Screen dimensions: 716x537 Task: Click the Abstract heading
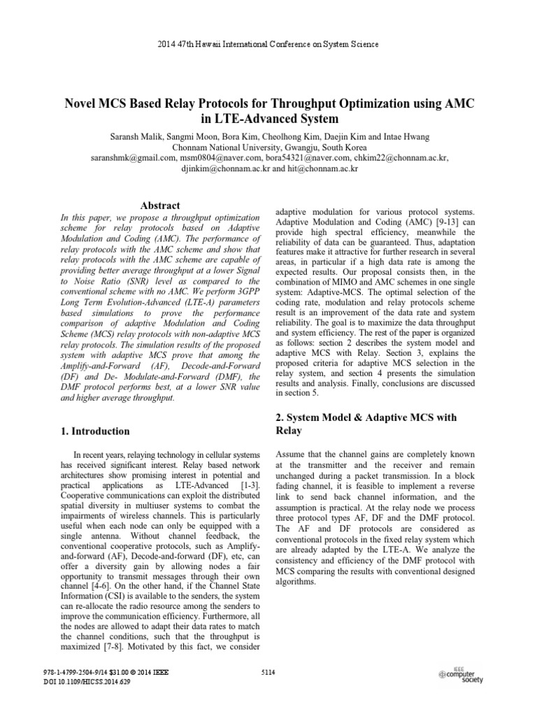[x=160, y=206]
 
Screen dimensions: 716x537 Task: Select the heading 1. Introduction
[x=95, y=431]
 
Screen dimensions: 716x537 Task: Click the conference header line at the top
[x=268, y=44]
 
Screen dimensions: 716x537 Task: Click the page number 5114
[x=268, y=673]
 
